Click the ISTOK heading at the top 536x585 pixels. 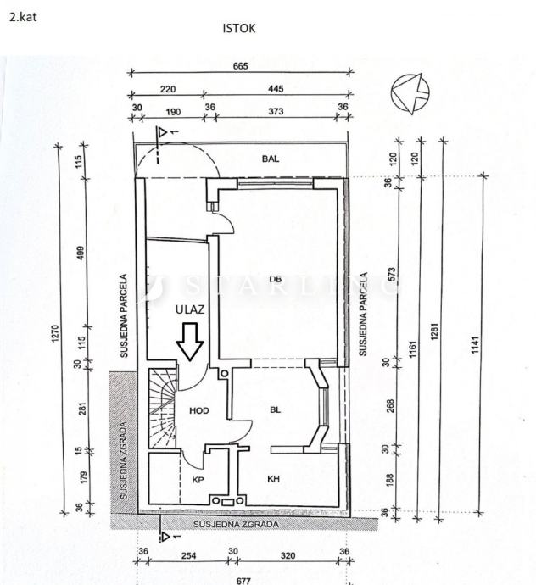click(x=239, y=29)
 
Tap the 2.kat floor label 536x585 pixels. click(x=22, y=16)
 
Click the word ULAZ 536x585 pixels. click(x=188, y=309)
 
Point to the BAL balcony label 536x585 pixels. click(x=271, y=159)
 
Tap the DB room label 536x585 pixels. click(x=275, y=278)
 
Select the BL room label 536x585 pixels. click(x=275, y=410)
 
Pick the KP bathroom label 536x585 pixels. click(x=200, y=479)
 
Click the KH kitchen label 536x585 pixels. click(x=274, y=479)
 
